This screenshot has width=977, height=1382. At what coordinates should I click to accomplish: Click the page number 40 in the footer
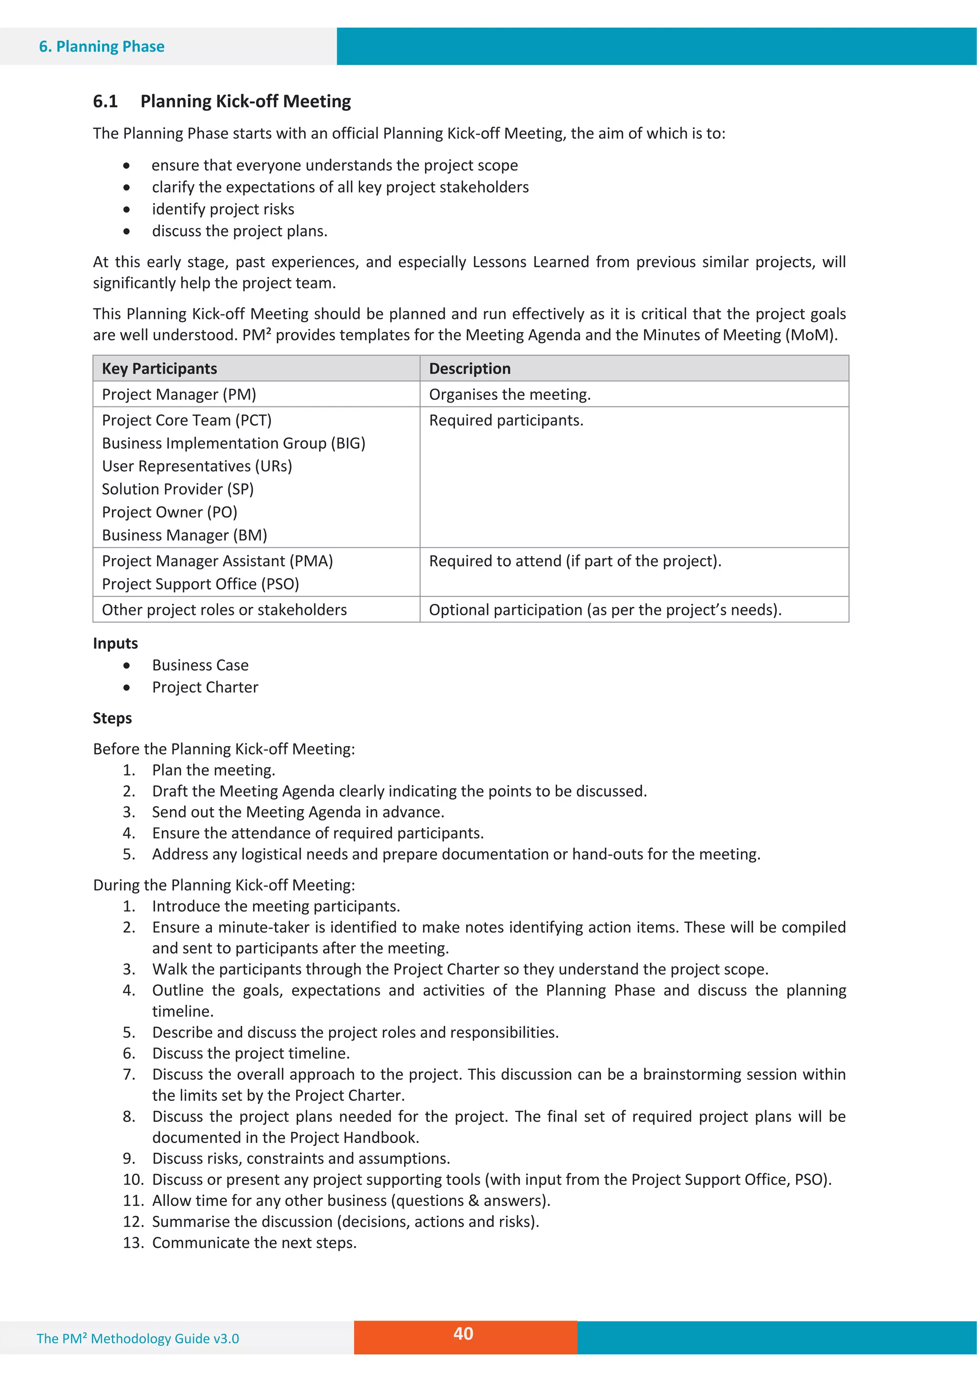pyautogui.click(x=463, y=1333)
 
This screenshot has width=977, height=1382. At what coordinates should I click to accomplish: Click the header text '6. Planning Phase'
pyautogui.click(x=102, y=46)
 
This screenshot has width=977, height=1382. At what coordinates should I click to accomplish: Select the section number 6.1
pyautogui.click(x=105, y=101)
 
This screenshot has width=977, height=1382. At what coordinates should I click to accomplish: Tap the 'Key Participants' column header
pyautogui.click(x=159, y=368)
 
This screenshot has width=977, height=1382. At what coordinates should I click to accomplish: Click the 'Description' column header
pyautogui.click(x=469, y=368)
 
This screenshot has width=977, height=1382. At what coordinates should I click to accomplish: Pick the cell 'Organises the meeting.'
pyautogui.click(x=509, y=394)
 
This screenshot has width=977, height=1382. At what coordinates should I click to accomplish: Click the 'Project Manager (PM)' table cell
pyautogui.click(x=179, y=394)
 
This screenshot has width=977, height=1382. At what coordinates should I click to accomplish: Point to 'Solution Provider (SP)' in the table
pyautogui.click(x=177, y=489)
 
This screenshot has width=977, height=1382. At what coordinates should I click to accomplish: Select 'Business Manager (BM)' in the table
pyautogui.click(x=184, y=535)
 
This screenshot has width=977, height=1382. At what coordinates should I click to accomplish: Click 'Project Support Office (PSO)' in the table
pyautogui.click(x=200, y=584)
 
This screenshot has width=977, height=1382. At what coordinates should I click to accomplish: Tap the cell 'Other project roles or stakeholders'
pyautogui.click(x=224, y=610)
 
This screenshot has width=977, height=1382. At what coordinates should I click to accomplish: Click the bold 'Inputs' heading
pyautogui.click(x=115, y=644)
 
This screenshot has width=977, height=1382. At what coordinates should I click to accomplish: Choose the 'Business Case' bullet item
pyautogui.click(x=200, y=665)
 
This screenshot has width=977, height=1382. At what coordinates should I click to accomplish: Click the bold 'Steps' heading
pyautogui.click(x=112, y=718)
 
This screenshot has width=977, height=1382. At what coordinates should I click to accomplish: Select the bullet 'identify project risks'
pyautogui.click(x=223, y=209)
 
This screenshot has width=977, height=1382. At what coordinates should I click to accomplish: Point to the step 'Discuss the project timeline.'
pyautogui.click(x=250, y=1053)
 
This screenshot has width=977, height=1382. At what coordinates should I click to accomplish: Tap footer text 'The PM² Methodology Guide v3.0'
pyautogui.click(x=138, y=1339)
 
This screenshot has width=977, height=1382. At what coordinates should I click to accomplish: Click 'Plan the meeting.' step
pyautogui.click(x=213, y=770)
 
